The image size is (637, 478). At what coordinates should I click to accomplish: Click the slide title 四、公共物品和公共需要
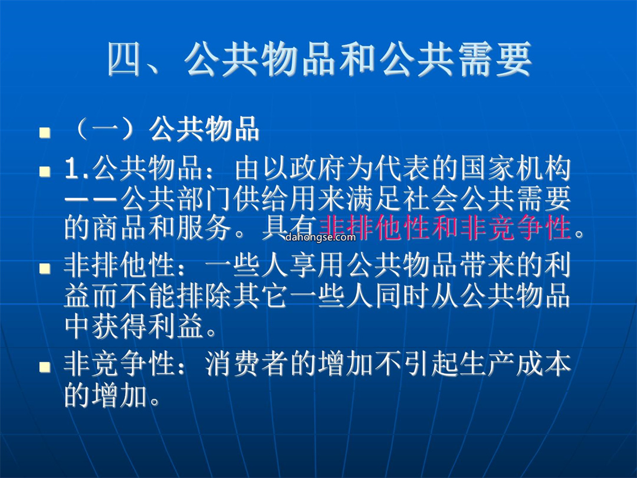pos(319,60)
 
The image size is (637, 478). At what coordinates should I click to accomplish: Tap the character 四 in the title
pos(124,60)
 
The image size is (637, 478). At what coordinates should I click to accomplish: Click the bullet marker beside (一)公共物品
pos(45,133)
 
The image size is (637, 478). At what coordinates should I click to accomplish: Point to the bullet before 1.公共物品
pos(45,171)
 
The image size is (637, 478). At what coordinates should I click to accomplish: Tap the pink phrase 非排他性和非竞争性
pos(445,228)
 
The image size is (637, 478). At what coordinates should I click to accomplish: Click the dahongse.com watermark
pos(320,237)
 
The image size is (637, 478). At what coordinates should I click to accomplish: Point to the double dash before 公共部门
pos(91,200)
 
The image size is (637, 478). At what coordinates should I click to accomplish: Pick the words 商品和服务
pos(162,228)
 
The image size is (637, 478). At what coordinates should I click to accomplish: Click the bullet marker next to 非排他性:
pos(45,269)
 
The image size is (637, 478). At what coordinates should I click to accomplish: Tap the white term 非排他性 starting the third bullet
pos(120,266)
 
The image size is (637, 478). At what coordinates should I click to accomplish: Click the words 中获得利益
pos(134,326)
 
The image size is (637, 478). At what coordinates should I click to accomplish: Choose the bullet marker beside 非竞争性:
pos(45,367)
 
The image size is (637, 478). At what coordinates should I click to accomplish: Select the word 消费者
pos(247,364)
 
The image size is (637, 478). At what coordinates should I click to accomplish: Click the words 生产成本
pos(516,364)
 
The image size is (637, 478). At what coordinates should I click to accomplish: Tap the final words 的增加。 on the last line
pos(113,395)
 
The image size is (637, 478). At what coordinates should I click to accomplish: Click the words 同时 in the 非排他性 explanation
pos(402,296)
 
